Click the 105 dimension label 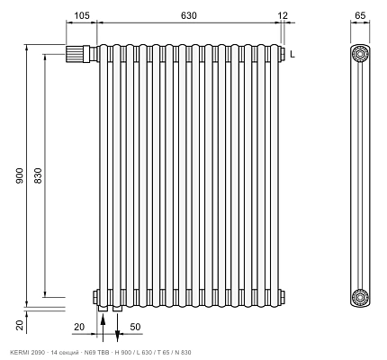coord(82,15)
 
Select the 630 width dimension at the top coord(189,15)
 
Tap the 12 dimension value coord(283,15)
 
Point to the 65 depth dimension coord(360,15)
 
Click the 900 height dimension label coord(19,176)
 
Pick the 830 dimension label coord(38,176)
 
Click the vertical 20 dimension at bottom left coord(19,325)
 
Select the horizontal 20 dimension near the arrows coord(79,327)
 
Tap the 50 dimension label coord(135,327)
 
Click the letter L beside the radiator coord(292,54)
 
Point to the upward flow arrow coord(103,327)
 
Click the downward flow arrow coord(118,327)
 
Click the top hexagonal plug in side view coord(360,54)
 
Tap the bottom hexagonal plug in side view coord(360,297)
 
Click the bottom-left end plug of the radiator coord(95,297)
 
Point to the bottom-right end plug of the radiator coord(282,297)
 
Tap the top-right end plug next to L coord(282,54)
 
